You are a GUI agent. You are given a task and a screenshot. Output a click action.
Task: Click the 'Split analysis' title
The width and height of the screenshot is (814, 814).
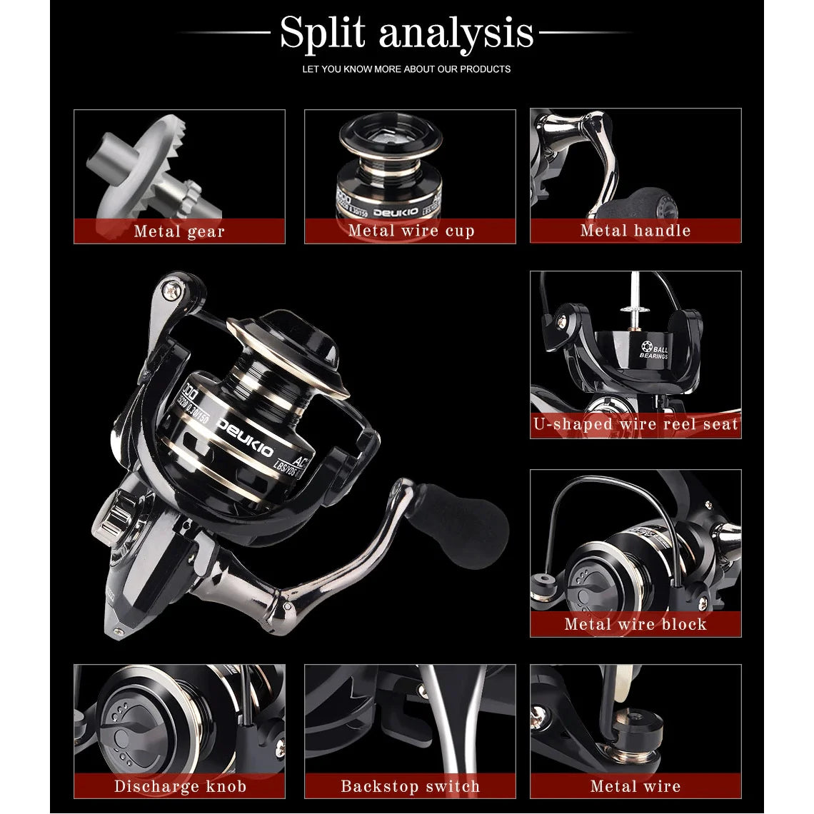(x=406, y=33)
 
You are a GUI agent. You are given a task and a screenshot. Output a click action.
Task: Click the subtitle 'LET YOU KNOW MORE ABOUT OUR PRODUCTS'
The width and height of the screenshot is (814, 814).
(x=406, y=69)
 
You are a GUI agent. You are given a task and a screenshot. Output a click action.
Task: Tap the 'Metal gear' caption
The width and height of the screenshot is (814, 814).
(x=179, y=231)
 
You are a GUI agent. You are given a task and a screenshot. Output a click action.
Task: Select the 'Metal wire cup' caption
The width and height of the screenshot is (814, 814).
(x=411, y=231)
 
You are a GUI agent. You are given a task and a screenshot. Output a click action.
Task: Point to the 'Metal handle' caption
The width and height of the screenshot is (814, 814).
(x=635, y=231)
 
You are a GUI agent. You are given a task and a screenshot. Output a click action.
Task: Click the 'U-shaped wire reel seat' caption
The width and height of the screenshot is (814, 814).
(x=635, y=424)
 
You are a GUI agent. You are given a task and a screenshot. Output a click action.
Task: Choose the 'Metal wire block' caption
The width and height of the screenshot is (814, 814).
(x=635, y=624)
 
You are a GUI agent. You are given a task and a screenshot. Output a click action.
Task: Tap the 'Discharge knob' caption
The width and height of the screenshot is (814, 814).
(x=180, y=786)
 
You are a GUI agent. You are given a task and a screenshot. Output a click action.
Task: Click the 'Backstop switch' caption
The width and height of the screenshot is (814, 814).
(x=411, y=786)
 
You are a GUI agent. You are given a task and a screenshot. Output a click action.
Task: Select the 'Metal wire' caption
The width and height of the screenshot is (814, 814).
(x=635, y=786)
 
